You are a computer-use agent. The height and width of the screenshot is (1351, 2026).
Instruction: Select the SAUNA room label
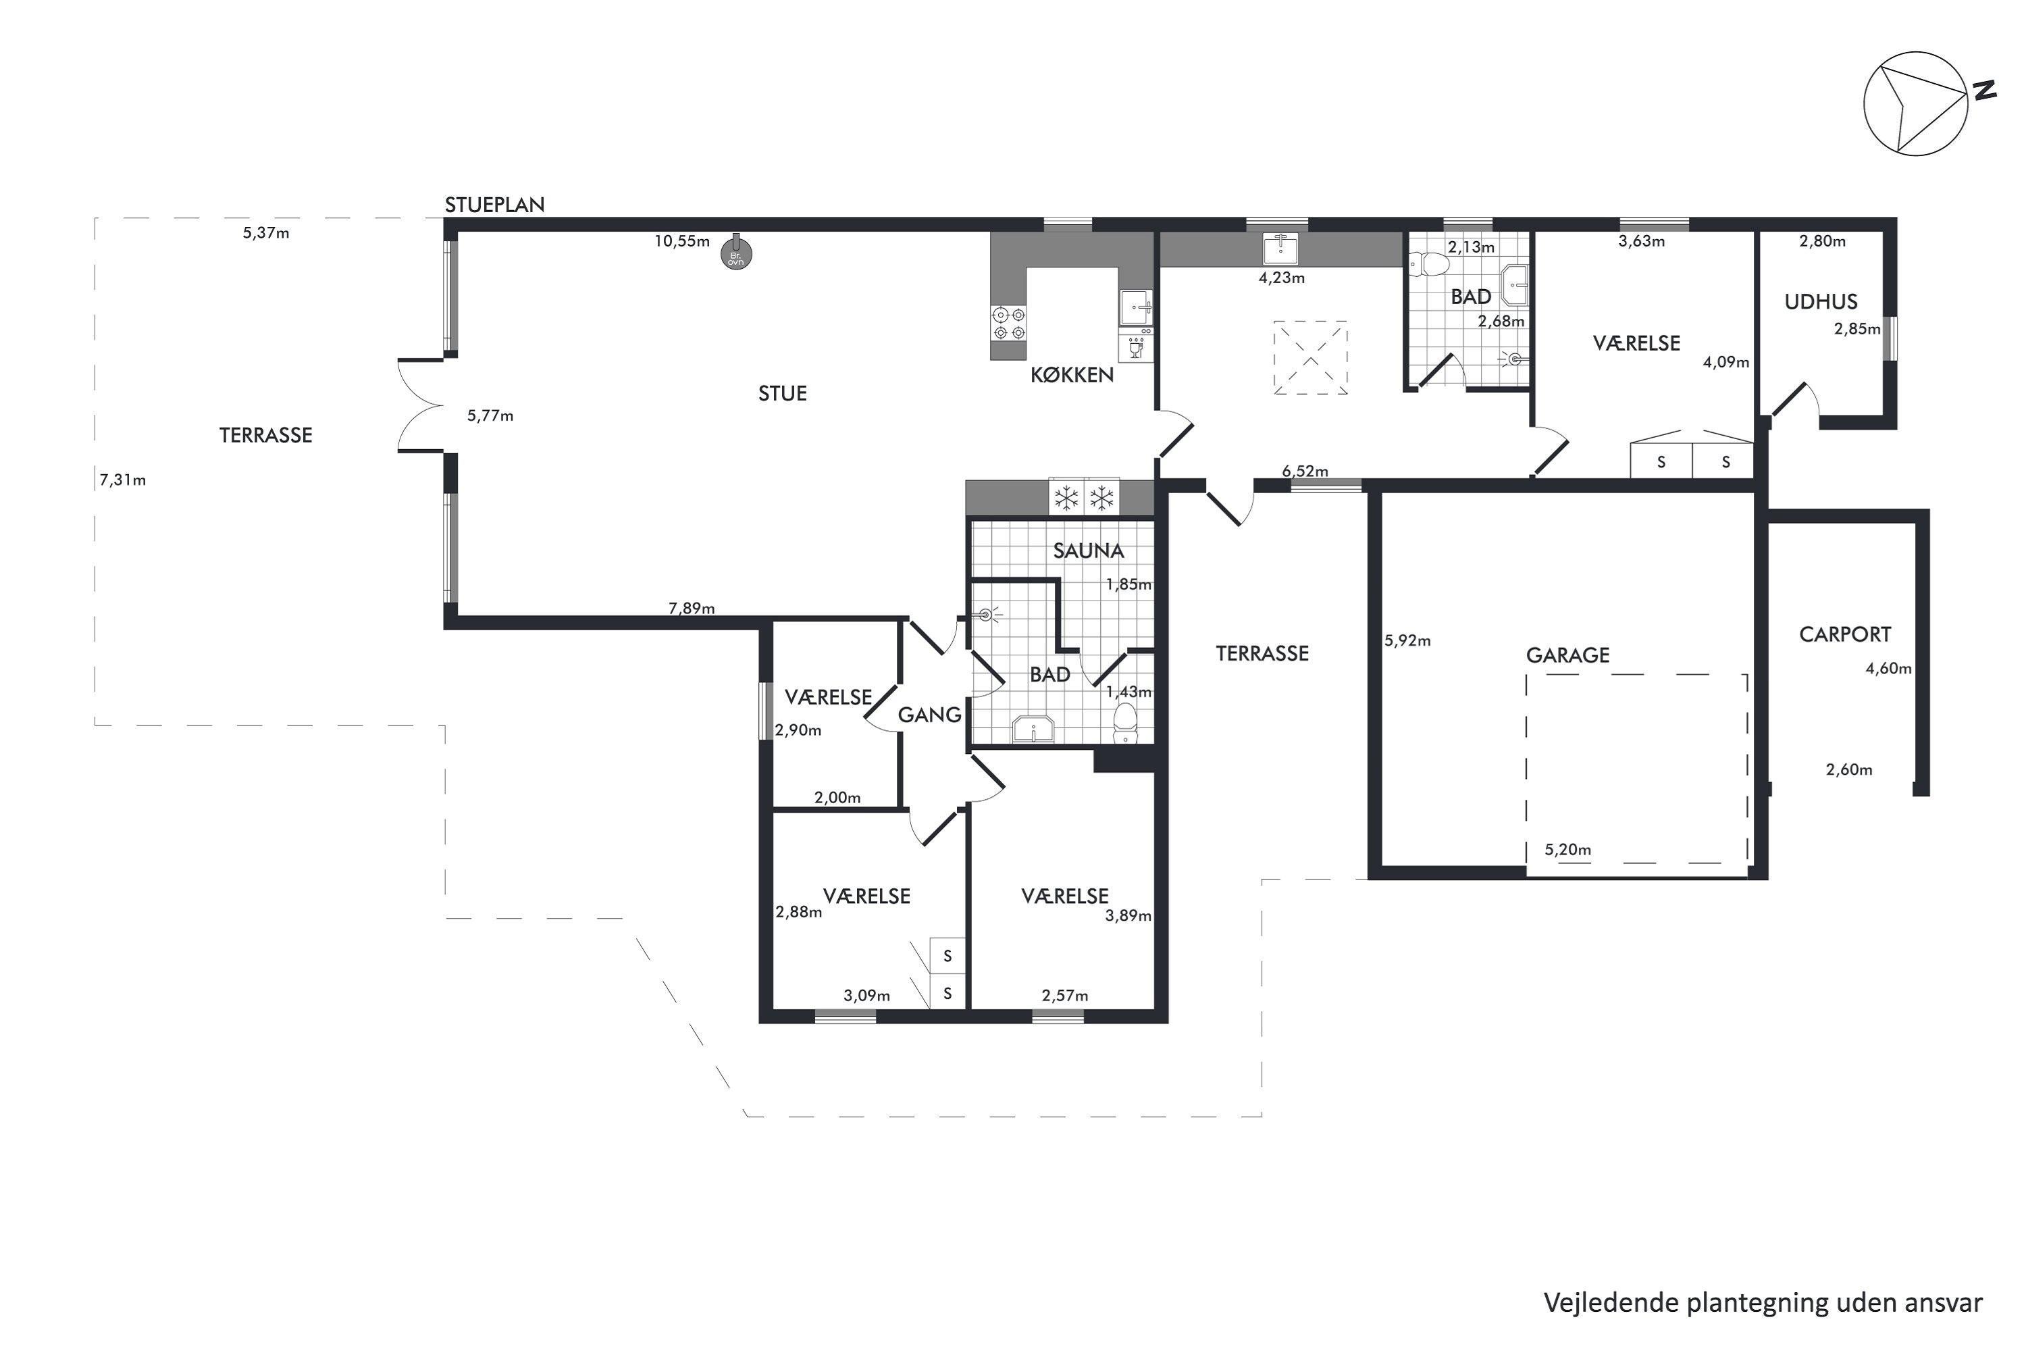coord(1089,551)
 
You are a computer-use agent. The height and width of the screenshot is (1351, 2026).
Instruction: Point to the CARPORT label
coord(1845,635)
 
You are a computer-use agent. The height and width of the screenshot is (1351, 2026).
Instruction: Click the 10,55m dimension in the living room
coord(681,241)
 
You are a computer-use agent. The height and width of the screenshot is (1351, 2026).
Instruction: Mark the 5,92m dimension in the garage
coord(1407,641)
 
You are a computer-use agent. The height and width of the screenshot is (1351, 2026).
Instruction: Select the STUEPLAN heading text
coord(494,205)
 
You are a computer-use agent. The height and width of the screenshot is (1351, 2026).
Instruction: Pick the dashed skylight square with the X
coord(1311,357)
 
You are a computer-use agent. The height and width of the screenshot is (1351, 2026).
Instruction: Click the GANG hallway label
coord(929,715)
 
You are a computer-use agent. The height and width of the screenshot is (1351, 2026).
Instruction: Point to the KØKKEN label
coord(1072,375)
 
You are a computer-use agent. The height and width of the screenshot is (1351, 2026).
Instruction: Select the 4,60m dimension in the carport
coord(1888,669)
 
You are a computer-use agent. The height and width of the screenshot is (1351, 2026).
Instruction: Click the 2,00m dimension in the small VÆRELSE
coord(837,798)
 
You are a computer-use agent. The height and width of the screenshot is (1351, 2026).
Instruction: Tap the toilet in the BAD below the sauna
coord(1125,723)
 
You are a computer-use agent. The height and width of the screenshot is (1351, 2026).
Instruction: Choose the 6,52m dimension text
coord(1305,471)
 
